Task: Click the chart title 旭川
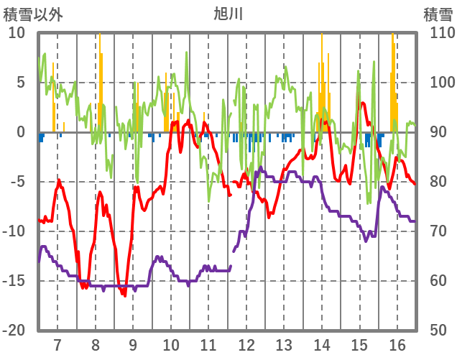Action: (x=228, y=14)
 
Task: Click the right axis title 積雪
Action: (x=438, y=14)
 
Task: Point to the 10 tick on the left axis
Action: (x=17, y=33)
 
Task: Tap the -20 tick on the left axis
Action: (x=14, y=330)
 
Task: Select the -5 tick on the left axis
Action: (x=17, y=181)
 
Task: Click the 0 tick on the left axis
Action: (x=21, y=132)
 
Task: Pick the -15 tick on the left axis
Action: (x=14, y=280)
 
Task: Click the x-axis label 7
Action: (x=57, y=344)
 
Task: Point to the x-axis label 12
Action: (x=246, y=344)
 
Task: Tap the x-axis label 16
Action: (x=397, y=344)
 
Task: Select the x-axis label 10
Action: (x=171, y=344)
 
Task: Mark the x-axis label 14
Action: (x=322, y=344)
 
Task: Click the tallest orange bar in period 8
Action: (x=100, y=83)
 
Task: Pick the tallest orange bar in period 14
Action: (x=322, y=83)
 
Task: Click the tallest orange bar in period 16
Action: (x=392, y=83)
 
